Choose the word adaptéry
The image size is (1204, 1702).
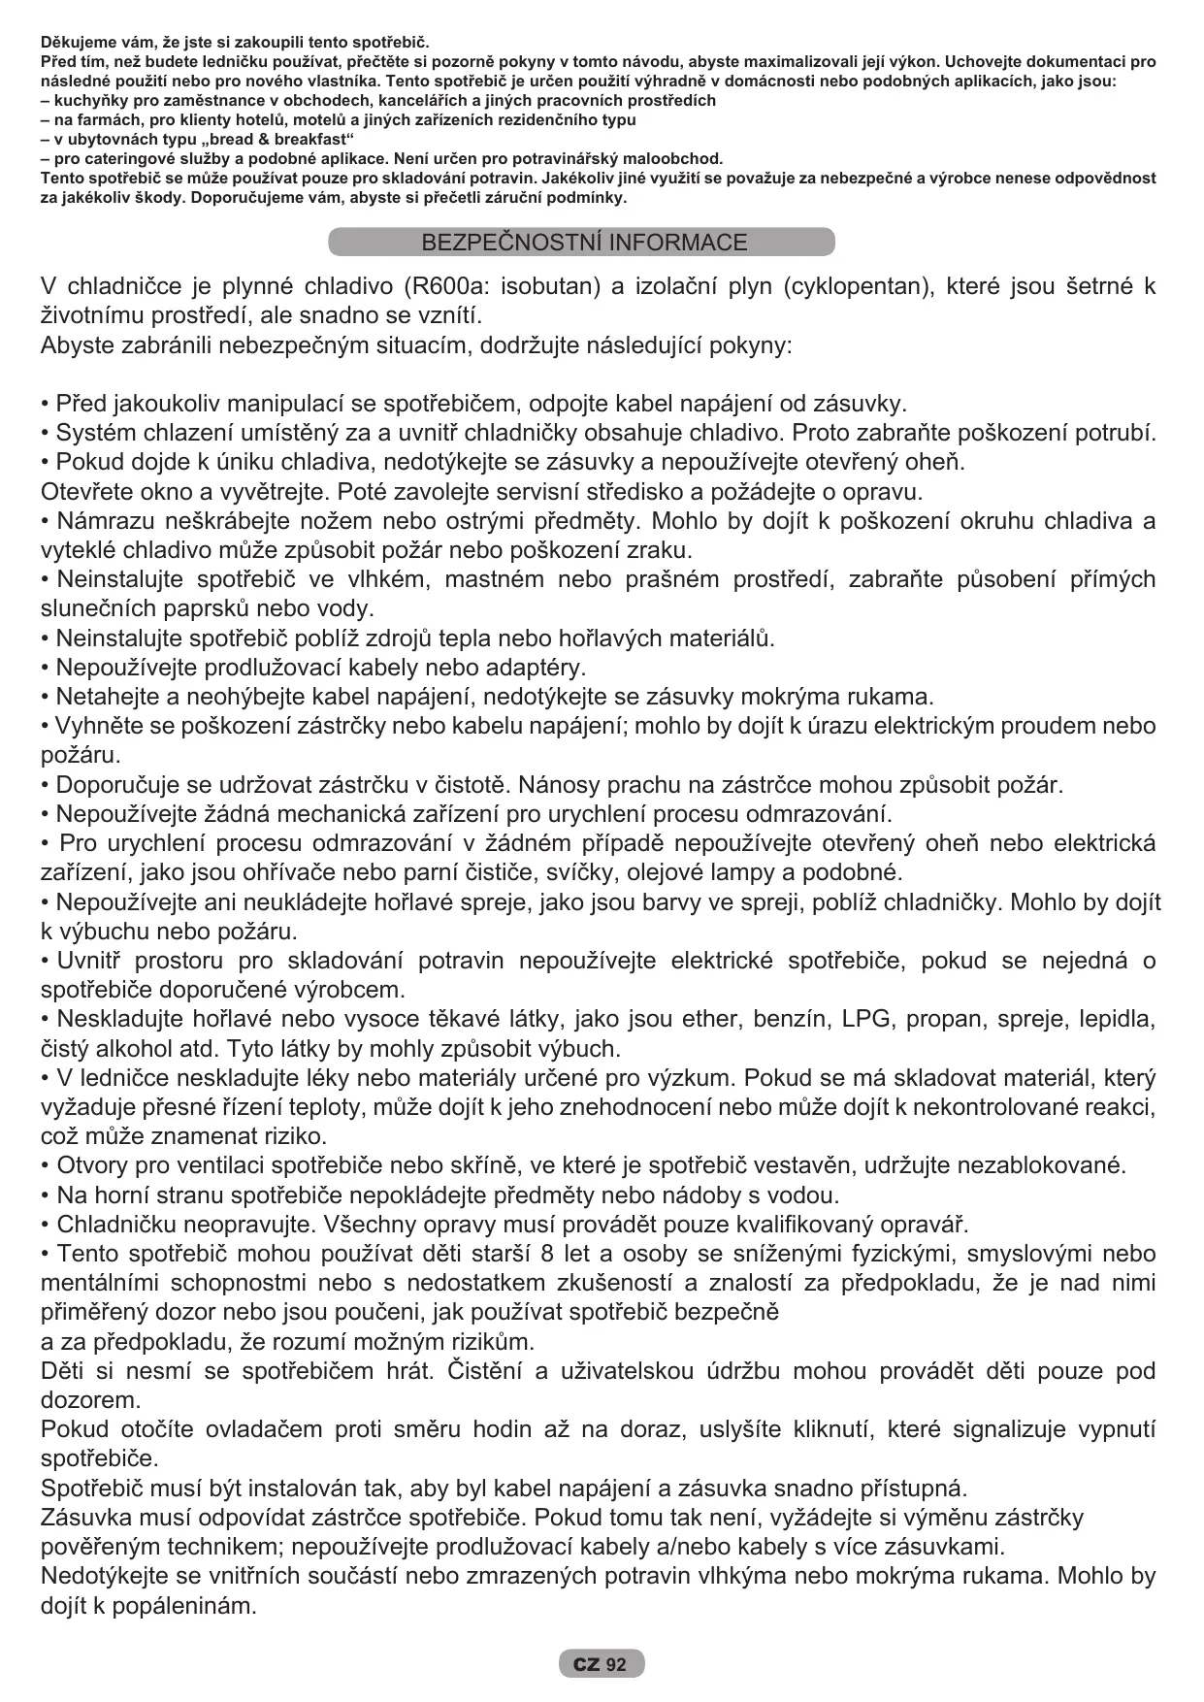click(534, 668)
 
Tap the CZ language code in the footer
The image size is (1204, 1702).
click(585, 1665)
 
